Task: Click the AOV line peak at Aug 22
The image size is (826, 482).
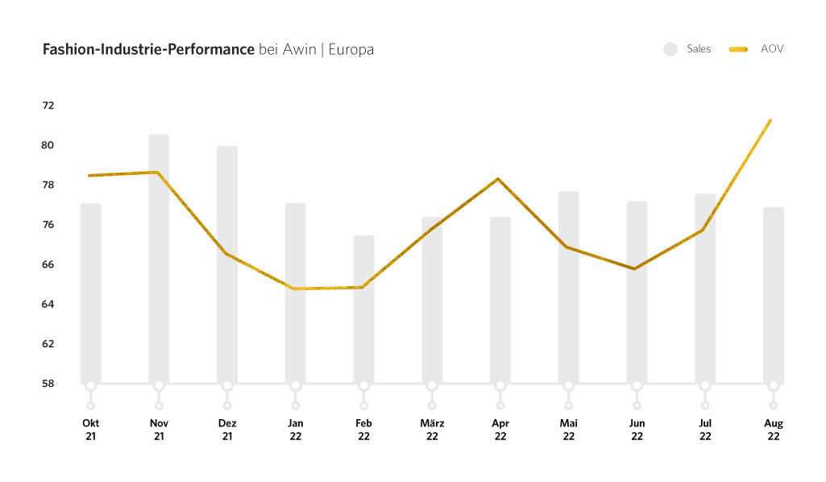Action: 770,121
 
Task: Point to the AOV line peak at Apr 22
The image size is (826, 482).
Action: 499,179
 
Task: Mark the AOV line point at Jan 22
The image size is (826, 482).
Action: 295,289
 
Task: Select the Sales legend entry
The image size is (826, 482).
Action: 687,49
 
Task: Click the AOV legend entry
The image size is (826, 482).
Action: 757,49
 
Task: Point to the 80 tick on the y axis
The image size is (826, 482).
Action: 48,145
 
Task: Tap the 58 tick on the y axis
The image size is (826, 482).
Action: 48,383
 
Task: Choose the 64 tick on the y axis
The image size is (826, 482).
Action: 48,304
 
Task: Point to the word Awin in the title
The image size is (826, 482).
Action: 299,50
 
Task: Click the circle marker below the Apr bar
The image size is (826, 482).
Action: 500,386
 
